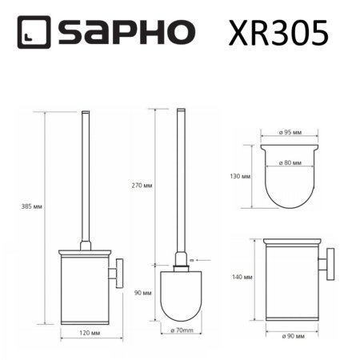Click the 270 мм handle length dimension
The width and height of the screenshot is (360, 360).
point(142,186)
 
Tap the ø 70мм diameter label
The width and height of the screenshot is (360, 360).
point(182,329)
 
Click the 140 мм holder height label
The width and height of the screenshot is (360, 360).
point(241,277)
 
